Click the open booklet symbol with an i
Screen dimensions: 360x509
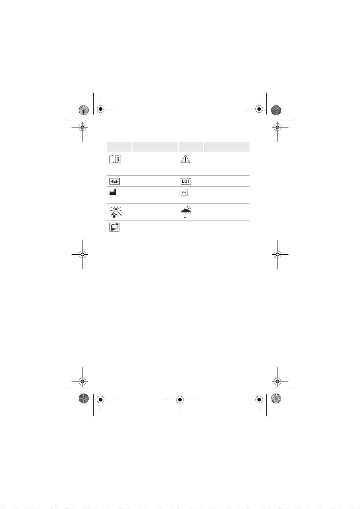(x=115, y=159)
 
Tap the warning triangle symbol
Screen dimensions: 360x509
(x=185, y=159)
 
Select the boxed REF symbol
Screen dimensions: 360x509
(x=114, y=181)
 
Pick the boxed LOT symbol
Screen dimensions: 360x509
(x=186, y=181)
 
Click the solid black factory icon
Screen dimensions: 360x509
(x=113, y=192)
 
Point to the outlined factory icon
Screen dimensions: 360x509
(x=184, y=192)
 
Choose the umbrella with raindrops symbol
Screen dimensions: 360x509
(x=186, y=212)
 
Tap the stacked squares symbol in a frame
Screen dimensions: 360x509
(x=114, y=227)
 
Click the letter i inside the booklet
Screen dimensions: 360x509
(x=118, y=159)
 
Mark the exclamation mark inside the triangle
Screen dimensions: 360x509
(x=186, y=159)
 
